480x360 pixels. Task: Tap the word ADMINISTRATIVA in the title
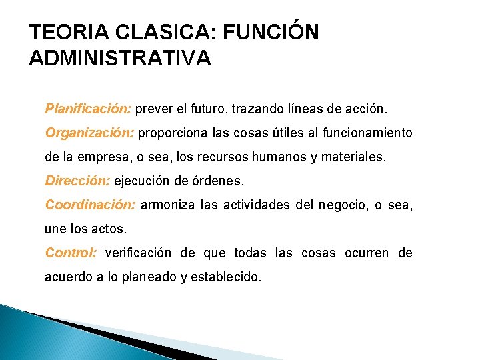coord(121,58)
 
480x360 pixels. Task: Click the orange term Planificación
coord(89,108)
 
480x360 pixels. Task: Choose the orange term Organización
coord(90,133)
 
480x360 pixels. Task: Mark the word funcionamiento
coord(367,133)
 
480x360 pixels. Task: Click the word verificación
coord(138,253)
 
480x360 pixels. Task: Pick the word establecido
coord(227,277)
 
